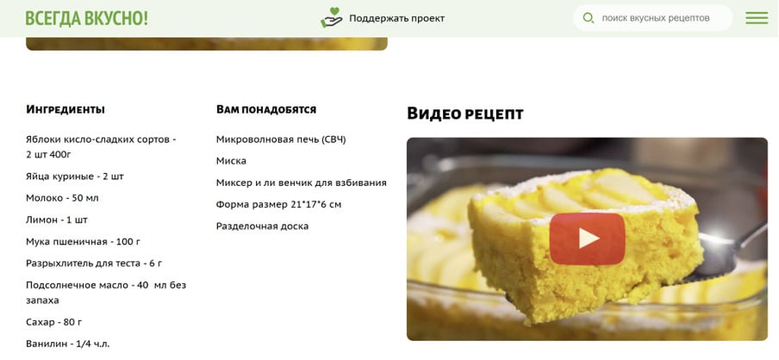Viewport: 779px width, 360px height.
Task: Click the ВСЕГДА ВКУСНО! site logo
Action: (86, 18)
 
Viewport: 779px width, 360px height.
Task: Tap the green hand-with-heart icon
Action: (331, 17)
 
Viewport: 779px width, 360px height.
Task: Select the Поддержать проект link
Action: (396, 18)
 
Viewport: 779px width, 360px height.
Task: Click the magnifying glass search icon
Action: (589, 18)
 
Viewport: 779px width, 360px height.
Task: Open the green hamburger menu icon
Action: (757, 18)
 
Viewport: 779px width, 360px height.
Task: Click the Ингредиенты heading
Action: (65, 109)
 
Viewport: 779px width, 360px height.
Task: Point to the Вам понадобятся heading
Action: (266, 109)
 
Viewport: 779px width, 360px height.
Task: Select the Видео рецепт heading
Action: (465, 114)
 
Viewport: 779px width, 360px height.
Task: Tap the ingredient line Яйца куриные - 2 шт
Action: (75, 177)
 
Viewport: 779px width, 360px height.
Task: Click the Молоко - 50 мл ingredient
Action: (62, 198)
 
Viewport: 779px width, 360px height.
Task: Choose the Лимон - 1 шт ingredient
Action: (57, 220)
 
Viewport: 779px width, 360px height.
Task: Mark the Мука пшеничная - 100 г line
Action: (83, 242)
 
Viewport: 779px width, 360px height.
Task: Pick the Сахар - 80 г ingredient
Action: (53, 322)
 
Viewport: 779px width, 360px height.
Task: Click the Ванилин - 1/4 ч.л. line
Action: (67, 344)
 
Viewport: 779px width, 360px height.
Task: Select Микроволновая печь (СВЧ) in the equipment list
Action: (281, 140)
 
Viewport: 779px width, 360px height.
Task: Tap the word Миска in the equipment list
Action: (231, 161)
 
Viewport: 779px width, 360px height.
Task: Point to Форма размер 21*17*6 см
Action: (278, 205)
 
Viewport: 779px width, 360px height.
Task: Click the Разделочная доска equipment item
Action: (262, 227)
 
